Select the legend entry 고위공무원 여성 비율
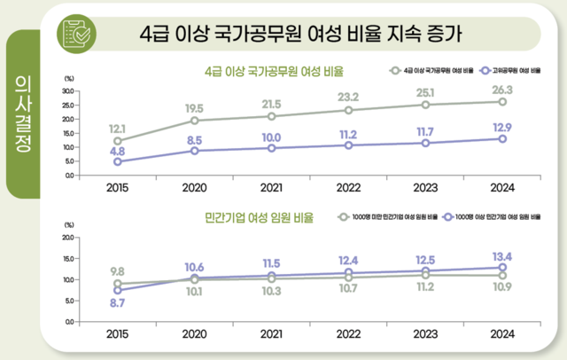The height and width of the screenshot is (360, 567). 506,69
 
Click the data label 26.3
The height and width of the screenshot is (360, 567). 501,89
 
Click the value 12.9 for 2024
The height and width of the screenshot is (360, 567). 501,127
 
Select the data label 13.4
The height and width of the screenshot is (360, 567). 501,256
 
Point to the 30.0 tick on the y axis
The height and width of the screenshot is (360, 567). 71,90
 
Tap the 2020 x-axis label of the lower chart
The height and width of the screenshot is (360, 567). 193,335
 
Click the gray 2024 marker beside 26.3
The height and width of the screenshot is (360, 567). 501,102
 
